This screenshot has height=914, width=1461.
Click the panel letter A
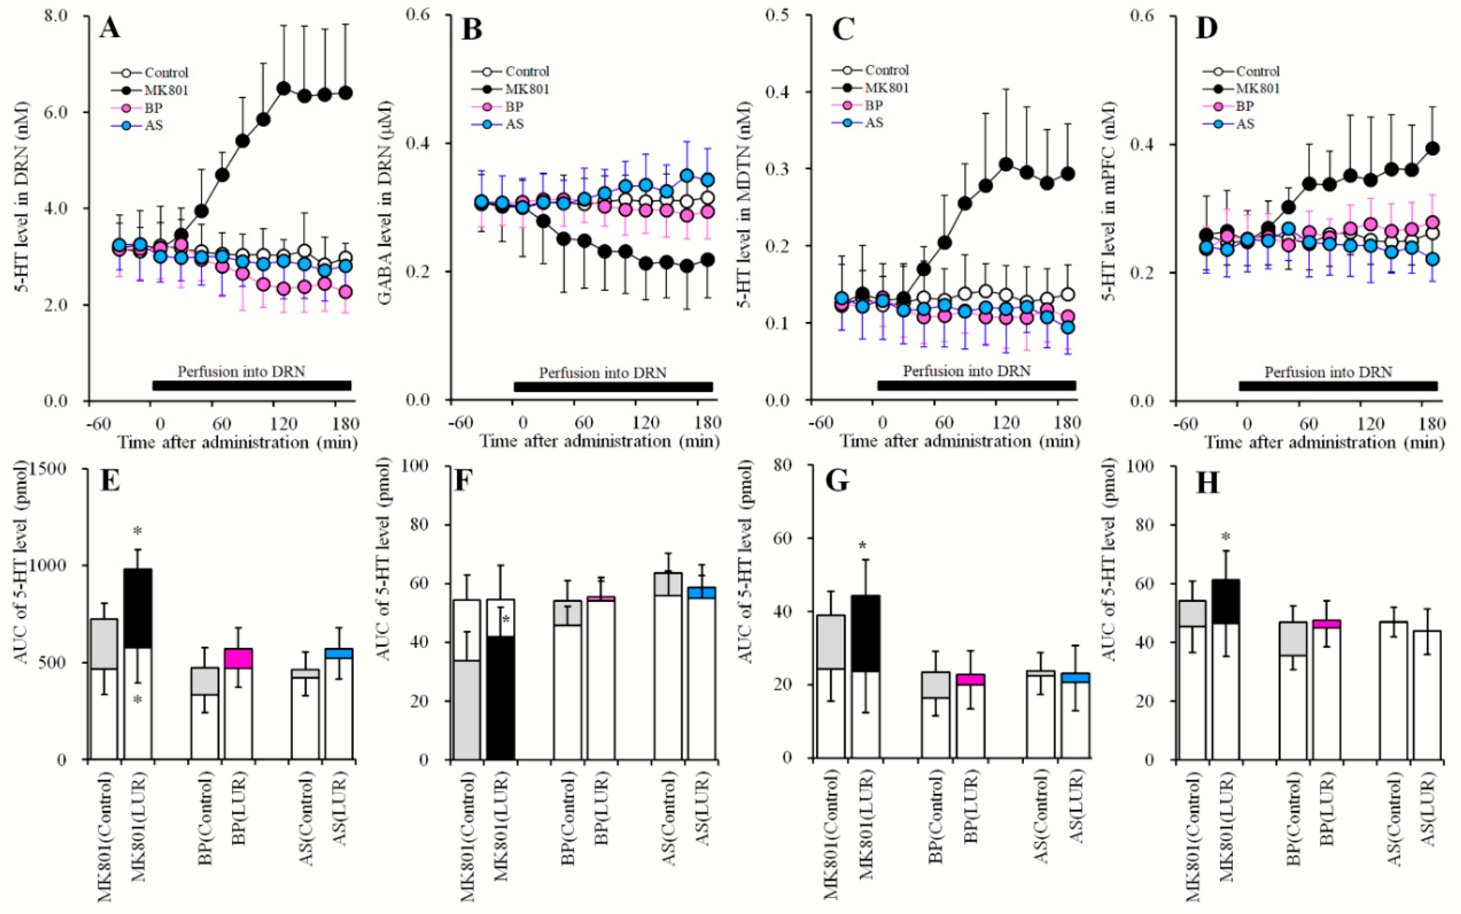pos(110,28)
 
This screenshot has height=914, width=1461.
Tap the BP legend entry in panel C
pos(874,105)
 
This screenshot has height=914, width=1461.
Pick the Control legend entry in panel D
pos(1258,71)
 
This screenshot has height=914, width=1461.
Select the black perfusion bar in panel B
pos(613,387)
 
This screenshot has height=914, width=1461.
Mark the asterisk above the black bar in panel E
pos(138,532)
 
